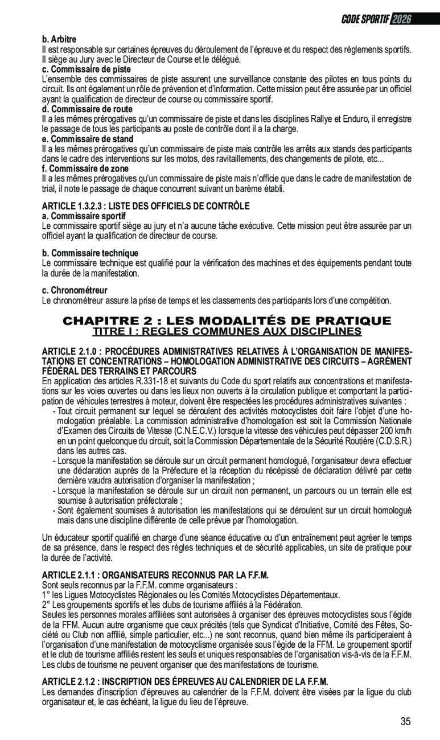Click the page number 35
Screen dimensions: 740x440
click(405, 722)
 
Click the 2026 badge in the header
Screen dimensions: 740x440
click(401, 19)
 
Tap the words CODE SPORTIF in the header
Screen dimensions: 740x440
click(365, 19)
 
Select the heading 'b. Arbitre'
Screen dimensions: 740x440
click(59, 39)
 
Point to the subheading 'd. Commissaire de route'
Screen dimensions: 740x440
click(87, 109)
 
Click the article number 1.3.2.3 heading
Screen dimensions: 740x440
click(146, 205)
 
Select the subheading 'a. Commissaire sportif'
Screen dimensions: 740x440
click(84, 216)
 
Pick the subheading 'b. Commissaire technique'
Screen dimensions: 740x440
click(90, 253)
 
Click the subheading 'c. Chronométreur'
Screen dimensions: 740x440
click(75, 290)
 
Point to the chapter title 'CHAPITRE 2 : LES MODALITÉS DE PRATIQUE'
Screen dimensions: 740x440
click(227, 320)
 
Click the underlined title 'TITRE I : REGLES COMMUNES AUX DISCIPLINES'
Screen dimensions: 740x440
click(227, 331)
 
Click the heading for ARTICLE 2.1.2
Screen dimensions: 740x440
click(185, 681)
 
